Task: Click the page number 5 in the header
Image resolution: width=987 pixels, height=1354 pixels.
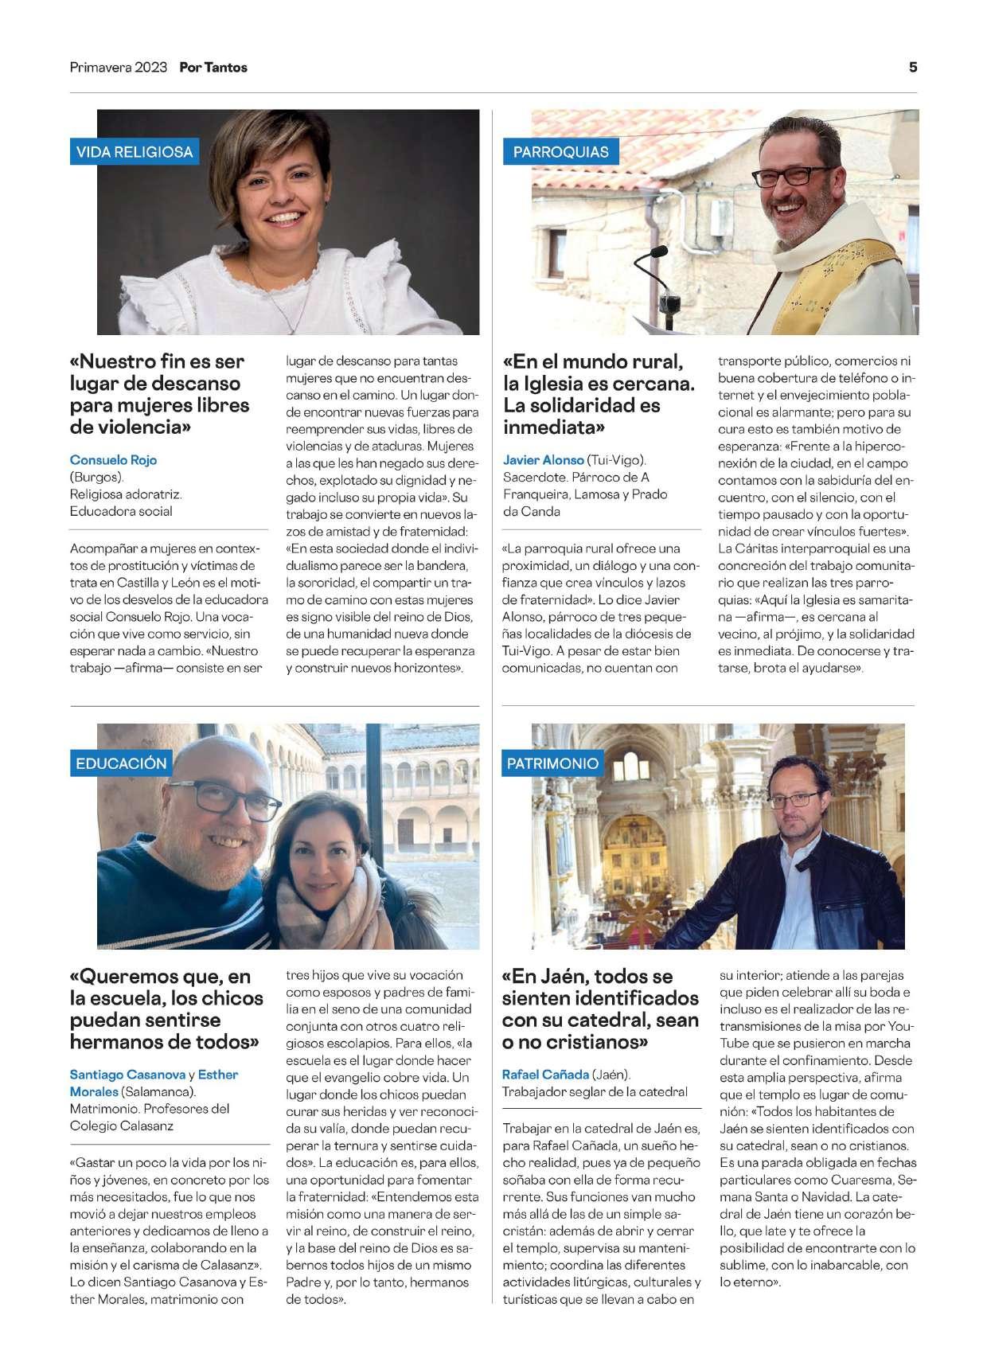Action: click(912, 68)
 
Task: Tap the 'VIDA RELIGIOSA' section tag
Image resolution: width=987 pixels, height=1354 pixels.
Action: click(135, 152)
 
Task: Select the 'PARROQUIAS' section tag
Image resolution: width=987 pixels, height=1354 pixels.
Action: click(561, 152)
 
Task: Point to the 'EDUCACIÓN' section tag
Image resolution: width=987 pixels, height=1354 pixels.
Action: click(122, 763)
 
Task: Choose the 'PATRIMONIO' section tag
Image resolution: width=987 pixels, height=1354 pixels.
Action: click(552, 763)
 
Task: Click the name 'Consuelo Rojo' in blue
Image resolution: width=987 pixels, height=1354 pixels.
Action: click(114, 460)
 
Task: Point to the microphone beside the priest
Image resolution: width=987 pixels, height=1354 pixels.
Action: click(657, 252)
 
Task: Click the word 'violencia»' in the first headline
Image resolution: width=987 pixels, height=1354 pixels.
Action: click(142, 427)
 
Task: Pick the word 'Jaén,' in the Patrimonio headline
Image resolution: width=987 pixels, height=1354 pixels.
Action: click(560, 977)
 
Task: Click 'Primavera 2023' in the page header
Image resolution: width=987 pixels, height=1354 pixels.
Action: click(119, 68)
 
